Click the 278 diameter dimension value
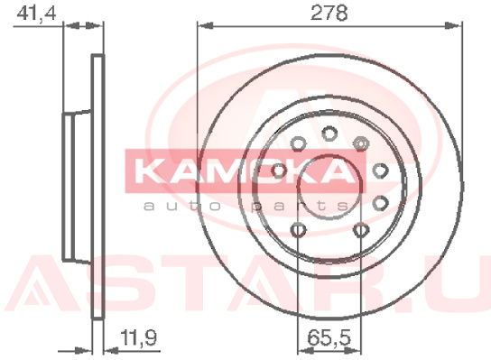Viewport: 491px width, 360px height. point(329,14)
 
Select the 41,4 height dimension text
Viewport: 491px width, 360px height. point(36,14)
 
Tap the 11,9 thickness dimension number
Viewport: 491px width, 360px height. point(138,337)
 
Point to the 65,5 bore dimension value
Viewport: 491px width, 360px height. point(329,337)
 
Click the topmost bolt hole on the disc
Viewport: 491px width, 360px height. point(329,134)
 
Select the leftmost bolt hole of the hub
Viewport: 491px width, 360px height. point(279,171)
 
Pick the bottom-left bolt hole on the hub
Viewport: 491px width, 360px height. point(298,230)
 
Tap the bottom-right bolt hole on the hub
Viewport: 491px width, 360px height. point(361,230)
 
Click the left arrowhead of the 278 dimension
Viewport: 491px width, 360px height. point(206,25)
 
